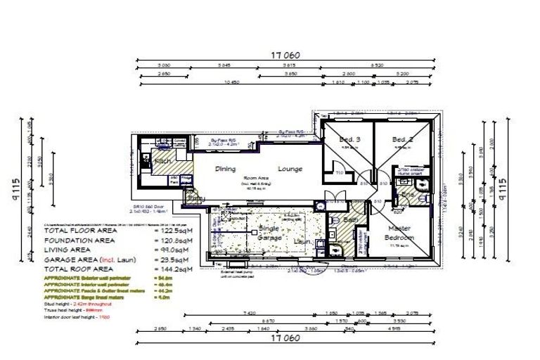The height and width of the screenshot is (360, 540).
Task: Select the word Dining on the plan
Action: (226, 169)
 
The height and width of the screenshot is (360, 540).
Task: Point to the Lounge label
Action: (290, 169)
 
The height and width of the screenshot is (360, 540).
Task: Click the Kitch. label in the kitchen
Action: (163, 161)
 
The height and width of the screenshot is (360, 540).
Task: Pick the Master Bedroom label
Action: (399, 233)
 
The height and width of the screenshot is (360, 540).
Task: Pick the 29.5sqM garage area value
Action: (172, 259)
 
